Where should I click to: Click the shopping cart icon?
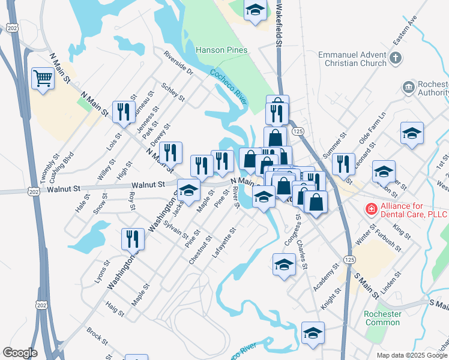[42, 78]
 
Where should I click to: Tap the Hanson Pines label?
[221, 50]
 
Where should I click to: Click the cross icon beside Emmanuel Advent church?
[395, 58]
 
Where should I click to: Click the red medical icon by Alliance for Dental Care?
[372, 209]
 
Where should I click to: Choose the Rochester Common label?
[382, 318]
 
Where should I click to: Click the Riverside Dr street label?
[179, 63]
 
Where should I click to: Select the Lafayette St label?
[224, 242]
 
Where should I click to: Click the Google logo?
[20, 353]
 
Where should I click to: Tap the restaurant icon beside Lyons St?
[133, 239]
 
